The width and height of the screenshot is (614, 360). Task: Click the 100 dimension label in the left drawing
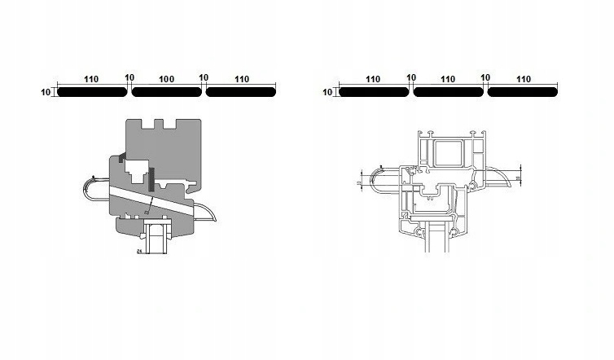pyautogui.click(x=166, y=80)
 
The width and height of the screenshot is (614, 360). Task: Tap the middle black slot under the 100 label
pyautogui.click(x=166, y=92)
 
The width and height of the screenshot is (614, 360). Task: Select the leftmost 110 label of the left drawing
pyautogui.click(x=90, y=80)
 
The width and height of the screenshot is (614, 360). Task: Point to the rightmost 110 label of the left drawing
pyautogui.click(x=241, y=80)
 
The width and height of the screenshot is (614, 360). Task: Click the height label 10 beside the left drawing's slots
pyautogui.click(x=45, y=93)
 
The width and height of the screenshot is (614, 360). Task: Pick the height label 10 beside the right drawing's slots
pyautogui.click(x=327, y=93)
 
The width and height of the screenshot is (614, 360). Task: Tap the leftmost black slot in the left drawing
pyautogui.click(x=91, y=92)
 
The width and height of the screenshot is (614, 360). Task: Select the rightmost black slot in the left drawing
pyautogui.click(x=241, y=92)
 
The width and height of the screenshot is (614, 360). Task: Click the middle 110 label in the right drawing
pyautogui.click(x=448, y=80)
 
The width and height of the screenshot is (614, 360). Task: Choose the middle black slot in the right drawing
pyautogui.click(x=448, y=92)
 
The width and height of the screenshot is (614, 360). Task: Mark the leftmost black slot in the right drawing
pyautogui.click(x=373, y=92)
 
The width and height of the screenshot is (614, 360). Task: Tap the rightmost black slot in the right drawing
pyautogui.click(x=523, y=92)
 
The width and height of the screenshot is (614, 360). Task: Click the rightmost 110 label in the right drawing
pyautogui.click(x=523, y=80)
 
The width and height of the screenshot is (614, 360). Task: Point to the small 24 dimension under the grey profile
pyautogui.click(x=139, y=252)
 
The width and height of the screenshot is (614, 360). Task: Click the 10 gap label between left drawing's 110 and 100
pyautogui.click(x=129, y=77)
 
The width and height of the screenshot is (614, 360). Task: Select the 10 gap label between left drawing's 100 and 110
pyautogui.click(x=204, y=77)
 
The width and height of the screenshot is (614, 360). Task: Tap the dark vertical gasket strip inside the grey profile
pyautogui.click(x=151, y=173)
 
